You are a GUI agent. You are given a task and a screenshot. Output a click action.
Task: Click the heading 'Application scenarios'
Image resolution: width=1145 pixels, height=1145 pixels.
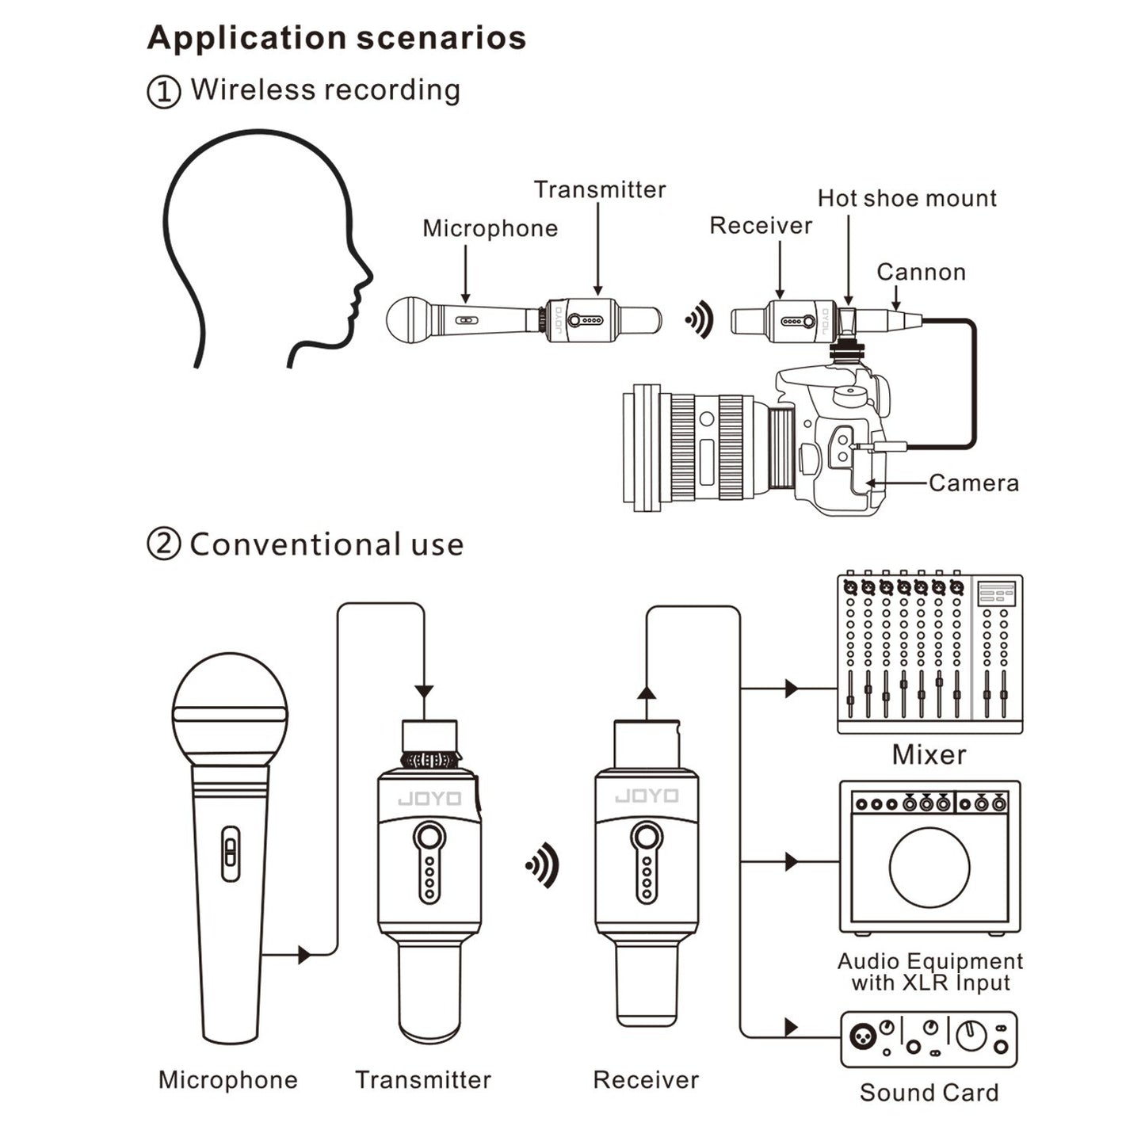[x=336, y=38]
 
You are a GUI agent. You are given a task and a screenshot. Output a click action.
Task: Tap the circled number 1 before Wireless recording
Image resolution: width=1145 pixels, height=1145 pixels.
[x=163, y=92]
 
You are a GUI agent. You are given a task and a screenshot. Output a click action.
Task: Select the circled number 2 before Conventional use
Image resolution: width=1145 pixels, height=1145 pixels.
[x=163, y=545]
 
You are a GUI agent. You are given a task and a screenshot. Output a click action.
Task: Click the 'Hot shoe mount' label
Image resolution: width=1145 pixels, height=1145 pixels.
[x=906, y=198]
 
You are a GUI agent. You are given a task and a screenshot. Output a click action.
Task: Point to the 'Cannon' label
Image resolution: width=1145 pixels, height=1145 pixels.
[x=921, y=272]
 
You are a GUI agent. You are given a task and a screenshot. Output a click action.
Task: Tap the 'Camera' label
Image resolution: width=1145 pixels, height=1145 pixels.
[x=973, y=483]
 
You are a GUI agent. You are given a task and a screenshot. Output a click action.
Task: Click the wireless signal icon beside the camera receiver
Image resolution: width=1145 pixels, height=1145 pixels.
[x=700, y=321]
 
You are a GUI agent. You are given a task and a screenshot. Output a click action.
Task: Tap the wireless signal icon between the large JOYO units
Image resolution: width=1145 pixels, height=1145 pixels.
[x=543, y=864]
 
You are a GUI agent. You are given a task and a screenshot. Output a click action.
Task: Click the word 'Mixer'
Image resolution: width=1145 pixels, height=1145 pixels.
[x=929, y=754]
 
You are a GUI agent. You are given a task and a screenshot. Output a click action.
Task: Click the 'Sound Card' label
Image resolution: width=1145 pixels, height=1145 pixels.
[x=929, y=1093]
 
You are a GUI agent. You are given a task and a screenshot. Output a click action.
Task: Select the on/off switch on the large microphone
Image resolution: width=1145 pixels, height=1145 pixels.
[x=230, y=853]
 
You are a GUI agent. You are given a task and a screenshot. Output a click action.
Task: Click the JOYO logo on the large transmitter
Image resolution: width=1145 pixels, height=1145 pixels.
[x=429, y=798]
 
